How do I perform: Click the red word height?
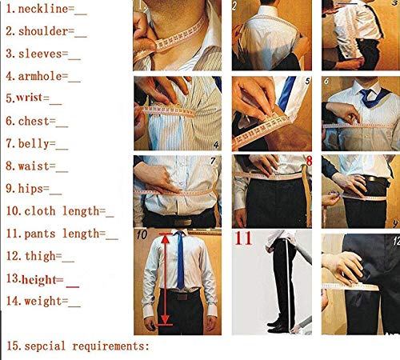(x=43, y=279)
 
